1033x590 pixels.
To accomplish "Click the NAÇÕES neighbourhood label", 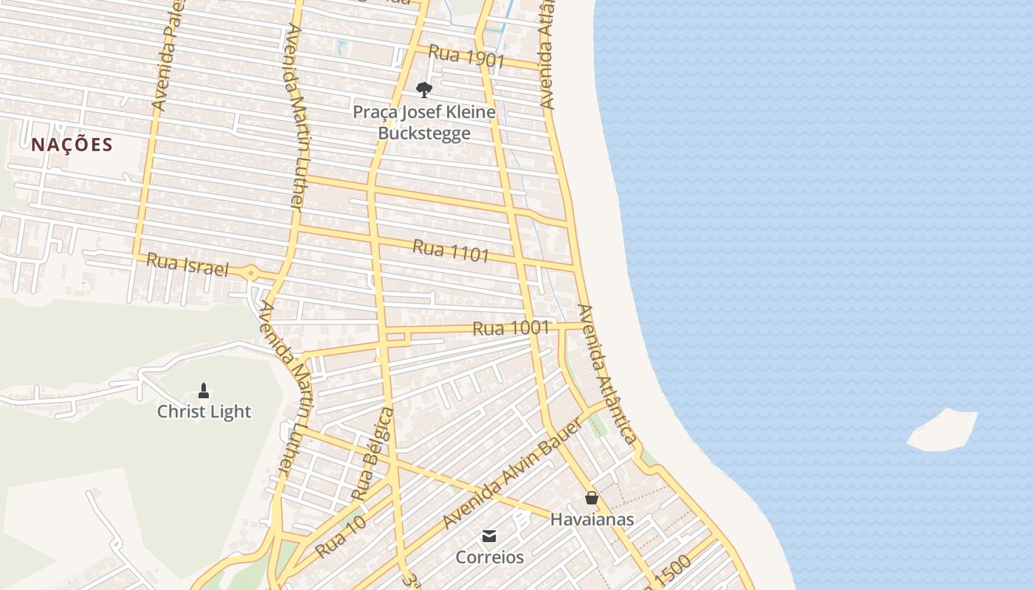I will click(x=72, y=145).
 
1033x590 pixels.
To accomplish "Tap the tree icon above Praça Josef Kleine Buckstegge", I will click(x=424, y=90).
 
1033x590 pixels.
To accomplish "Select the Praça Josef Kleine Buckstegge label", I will click(x=424, y=122).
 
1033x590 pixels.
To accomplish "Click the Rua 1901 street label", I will click(x=466, y=57).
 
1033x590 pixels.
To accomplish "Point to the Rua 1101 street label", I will click(x=451, y=251).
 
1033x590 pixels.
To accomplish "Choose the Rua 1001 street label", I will click(x=511, y=328).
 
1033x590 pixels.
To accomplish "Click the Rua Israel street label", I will click(x=187, y=265).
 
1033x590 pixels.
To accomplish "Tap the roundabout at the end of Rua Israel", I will click(x=252, y=274).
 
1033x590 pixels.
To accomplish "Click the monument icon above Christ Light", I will click(x=204, y=390).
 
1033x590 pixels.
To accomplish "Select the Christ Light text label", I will click(x=204, y=412).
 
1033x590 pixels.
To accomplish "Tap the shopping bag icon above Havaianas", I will click(x=591, y=498).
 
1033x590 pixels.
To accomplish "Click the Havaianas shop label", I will click(x=592, y=519).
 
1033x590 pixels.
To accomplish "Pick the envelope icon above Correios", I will click(x=489, y=536).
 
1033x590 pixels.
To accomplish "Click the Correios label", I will click(x=489, y=557).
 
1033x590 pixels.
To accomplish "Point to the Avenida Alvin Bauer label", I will click(x=508, y=483).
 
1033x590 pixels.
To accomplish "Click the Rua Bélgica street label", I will click(x=373, y=454).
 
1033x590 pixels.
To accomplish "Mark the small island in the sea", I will click(x=942, y=430).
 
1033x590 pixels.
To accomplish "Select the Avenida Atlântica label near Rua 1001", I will click(x=607, y=374).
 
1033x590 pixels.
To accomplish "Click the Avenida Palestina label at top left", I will click(x=166, y=59).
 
